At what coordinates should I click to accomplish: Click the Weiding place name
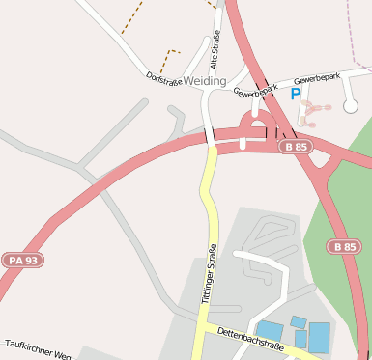coord(204,81)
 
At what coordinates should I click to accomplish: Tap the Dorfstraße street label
coord(164,77)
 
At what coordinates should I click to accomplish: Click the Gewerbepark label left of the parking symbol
coord(255,93)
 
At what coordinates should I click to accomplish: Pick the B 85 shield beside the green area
coord(344,247)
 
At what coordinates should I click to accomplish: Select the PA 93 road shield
coord(22,260)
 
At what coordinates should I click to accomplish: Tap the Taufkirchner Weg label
coord(39,349)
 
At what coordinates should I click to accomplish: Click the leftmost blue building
coord(270,331)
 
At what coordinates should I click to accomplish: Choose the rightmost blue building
coord(319,337)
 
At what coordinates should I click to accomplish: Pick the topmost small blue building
coord(299,321)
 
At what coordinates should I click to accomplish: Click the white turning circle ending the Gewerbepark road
coord(350,105)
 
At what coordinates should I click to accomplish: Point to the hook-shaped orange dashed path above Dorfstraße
coord(171,58)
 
